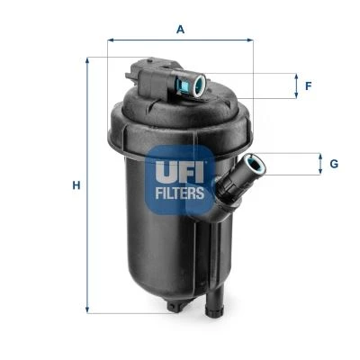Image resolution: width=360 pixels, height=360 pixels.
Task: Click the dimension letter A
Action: pos(180,29)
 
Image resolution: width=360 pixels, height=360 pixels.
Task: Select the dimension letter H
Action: pos(76,185)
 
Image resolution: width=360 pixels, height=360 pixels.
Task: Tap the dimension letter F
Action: pos(307,86)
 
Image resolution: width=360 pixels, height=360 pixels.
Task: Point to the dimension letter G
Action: pos(332,164)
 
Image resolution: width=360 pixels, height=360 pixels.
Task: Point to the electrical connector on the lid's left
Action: pos(148,71)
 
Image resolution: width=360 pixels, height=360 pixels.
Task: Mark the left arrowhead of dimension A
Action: pos(111,40)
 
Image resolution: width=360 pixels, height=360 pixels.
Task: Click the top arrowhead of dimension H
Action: pos(87,60)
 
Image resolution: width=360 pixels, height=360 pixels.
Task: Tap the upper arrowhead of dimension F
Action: pos(296,76)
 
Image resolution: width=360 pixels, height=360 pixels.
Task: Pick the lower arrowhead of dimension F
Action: pos(296,96)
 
